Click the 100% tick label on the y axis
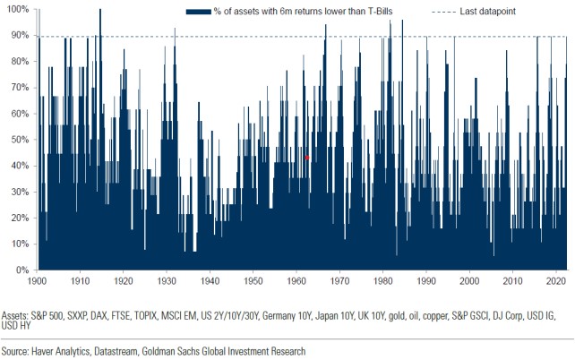coord(18,9)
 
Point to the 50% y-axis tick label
coord(20,140)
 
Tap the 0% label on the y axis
coord(22,270)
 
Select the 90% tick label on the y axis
coord(20,36)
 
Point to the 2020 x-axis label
coord(557,281)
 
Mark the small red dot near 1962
coord(307,158)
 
